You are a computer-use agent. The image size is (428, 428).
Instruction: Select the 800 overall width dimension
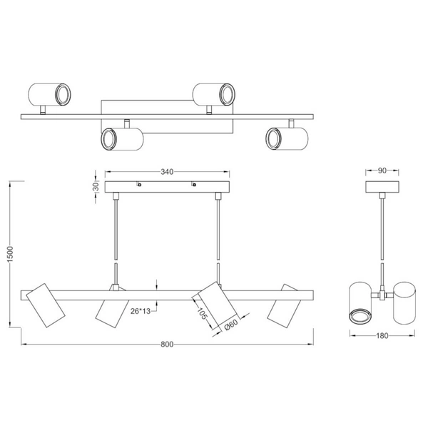(x=167, y=345)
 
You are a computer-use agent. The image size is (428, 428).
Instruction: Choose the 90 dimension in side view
(x=382, y=171)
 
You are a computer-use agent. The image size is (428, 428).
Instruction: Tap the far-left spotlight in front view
(x=46, y=305)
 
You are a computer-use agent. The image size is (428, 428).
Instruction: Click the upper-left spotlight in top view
(x=48, y=93)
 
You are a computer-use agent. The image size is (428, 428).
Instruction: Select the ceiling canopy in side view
(x=382, y=187)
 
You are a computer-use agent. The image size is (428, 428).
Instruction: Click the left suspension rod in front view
(x=116, y=232)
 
